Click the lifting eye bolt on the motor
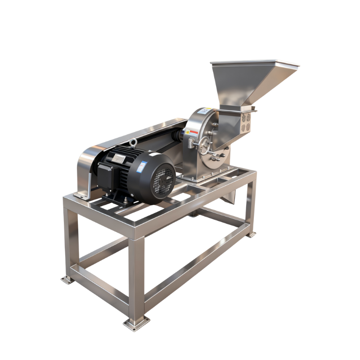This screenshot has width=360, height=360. (x=133, y=144)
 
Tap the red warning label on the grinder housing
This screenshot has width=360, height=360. (x=193, y=132)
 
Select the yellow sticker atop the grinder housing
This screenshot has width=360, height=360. (x=207, y=109)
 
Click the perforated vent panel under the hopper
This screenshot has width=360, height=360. (x=246, y=122)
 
